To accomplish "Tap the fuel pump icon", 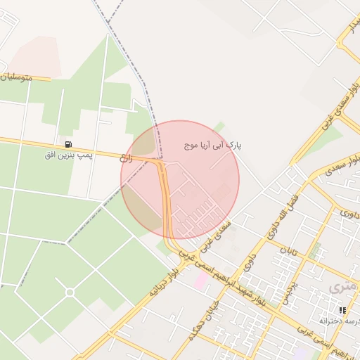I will (68, 144).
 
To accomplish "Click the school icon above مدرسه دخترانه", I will (342, 309).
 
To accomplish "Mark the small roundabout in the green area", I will (70, 292).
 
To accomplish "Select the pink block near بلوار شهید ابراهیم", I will (201, 280).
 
